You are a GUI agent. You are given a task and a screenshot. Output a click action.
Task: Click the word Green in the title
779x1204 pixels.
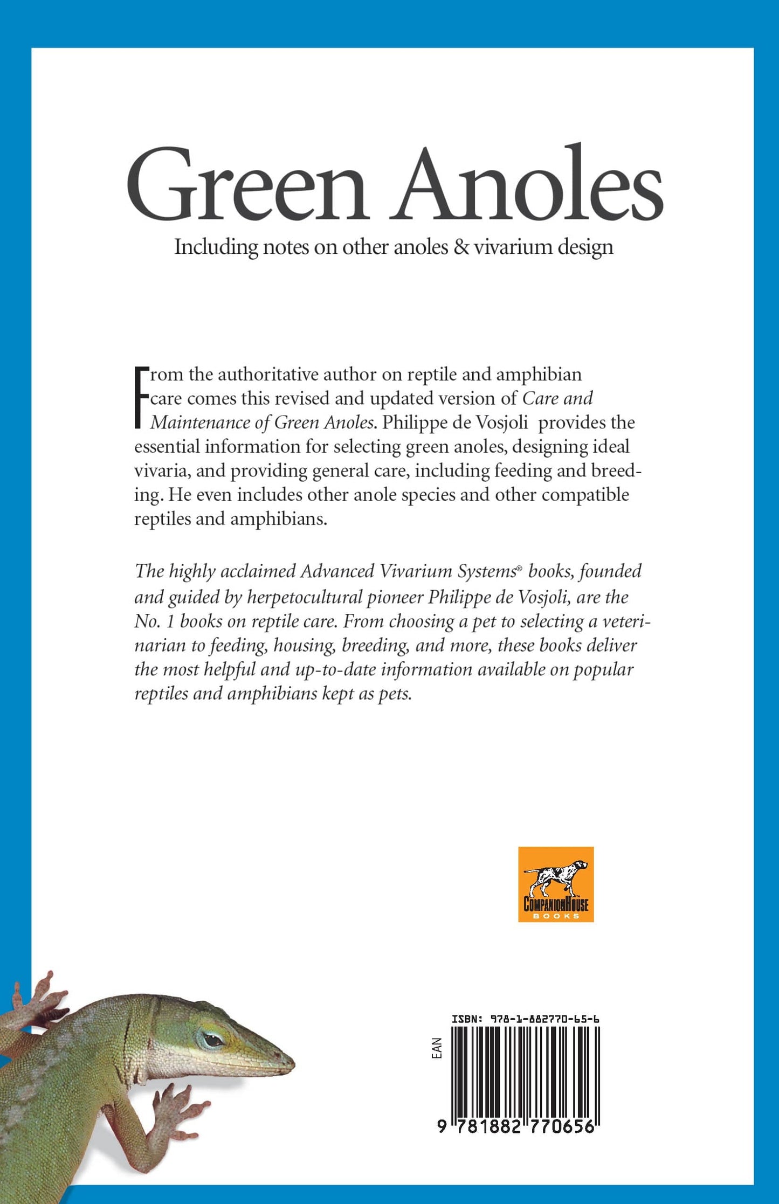coord(247,186)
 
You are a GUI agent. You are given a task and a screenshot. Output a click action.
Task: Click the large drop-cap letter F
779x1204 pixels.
coord(141,398)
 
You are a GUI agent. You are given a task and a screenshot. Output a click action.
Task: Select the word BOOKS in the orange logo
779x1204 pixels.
coord(556,916)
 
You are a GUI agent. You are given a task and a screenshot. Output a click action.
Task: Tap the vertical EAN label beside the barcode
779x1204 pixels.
coord(437,1048)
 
